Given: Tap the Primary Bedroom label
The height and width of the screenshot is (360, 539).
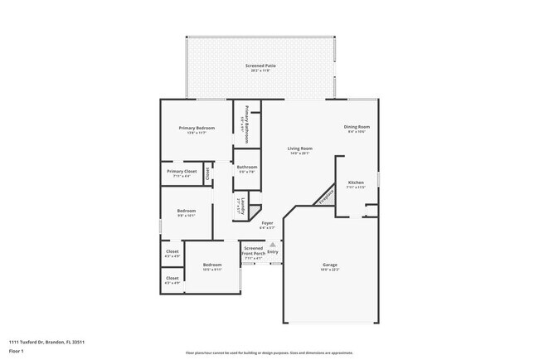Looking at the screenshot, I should [197, 128].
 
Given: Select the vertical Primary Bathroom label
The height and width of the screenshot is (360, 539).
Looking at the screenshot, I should [247, 124].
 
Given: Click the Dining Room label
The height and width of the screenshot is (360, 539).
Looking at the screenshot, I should [357, 127].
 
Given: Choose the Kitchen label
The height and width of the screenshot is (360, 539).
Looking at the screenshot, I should [356, 182].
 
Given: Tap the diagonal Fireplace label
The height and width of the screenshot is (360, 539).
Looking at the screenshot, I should [325, 196].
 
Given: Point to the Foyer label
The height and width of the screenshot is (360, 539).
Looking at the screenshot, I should [267, 222].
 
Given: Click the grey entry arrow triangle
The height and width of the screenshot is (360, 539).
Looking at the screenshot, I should [271, 244].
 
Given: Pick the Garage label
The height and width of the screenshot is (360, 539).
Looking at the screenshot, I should [330, 265].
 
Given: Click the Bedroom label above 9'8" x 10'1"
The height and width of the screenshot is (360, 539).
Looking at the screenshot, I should [186, 211].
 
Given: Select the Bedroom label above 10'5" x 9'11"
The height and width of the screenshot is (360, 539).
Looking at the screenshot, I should [211, 265].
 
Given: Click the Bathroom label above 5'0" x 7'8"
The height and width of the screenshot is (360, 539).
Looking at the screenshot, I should [247, 167].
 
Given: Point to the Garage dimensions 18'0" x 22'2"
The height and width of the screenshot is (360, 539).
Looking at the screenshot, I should [330, 270].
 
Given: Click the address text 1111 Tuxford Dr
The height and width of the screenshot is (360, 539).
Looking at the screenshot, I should [33, 341].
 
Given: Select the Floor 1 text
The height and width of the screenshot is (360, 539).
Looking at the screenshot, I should [17, 351].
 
